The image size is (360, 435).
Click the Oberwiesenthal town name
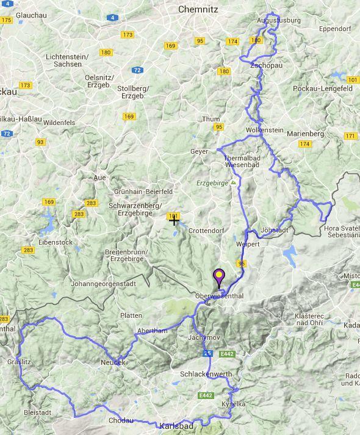pos(219,296)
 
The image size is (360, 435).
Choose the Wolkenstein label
pos(264,131)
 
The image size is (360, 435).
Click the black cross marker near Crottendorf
pos(174,220)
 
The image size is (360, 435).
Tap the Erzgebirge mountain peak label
pos(214,182)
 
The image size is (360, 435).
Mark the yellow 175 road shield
pos(7,20)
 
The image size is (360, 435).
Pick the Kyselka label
pos(234,404)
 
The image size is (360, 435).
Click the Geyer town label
pos(199,151)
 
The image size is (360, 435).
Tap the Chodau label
pos(120,420)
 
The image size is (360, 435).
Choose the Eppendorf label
pos(333,29)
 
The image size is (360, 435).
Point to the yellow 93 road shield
pos(40,142)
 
